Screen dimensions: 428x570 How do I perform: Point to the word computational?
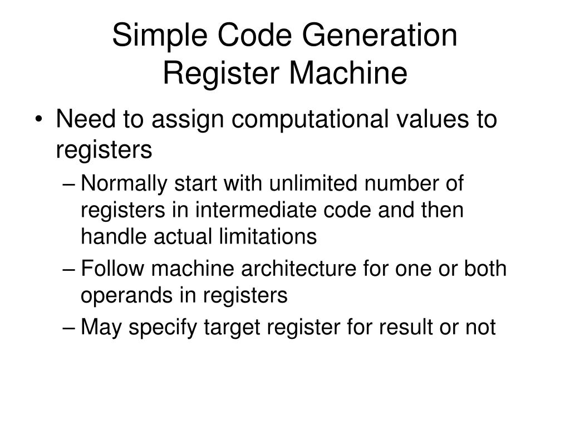coord(303,119)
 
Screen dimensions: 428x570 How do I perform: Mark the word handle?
coord(109,237)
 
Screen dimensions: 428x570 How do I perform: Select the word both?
coord(487,269)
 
